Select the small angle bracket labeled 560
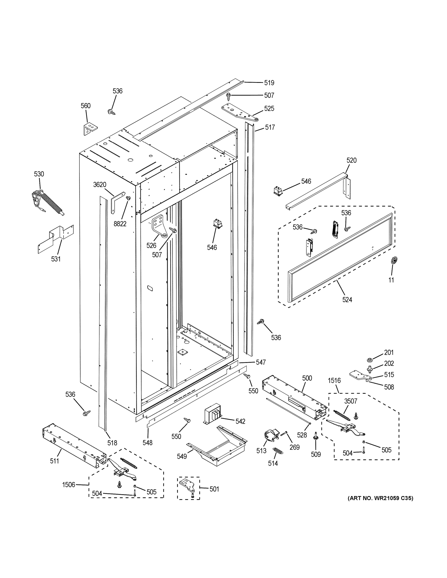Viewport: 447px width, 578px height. [89, 129]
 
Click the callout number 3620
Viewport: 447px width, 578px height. [100, 185]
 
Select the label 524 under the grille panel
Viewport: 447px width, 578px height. [347, 300]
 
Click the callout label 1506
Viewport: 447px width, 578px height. [69, 485]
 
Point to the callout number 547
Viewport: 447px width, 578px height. [260, 362]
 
